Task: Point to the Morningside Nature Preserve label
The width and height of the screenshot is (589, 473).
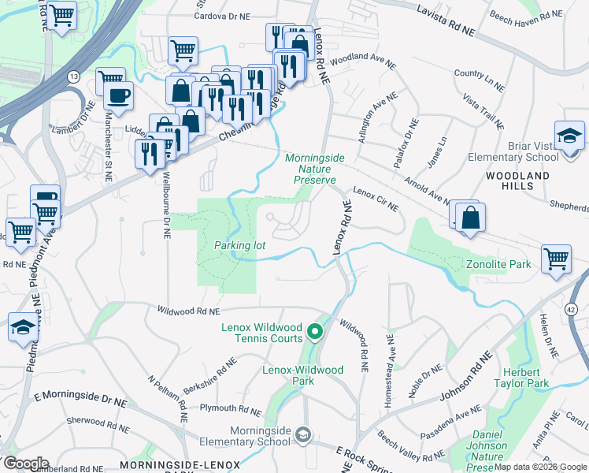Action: coord(314,169)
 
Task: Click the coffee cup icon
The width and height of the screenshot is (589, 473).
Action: coord(119,96)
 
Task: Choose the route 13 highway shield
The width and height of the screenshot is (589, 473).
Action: coord(74,76)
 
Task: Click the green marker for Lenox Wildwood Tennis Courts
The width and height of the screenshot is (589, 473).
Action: coord(315,332)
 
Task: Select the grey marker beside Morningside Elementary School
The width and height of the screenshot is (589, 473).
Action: coord(304,433)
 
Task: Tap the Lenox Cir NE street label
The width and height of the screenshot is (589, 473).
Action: coord(376,198)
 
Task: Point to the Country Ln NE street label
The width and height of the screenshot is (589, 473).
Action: coord(480,77)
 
